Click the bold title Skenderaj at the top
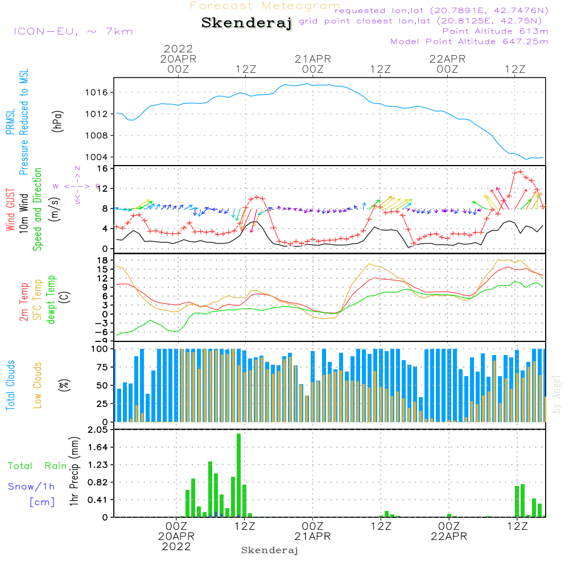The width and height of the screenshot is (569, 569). (246, 23)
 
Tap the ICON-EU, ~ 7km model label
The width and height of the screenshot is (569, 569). (73, 31)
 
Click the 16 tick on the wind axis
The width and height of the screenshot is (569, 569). (103, 168)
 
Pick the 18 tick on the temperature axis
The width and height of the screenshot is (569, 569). (103, 260)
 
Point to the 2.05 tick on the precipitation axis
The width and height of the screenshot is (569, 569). (97, 430)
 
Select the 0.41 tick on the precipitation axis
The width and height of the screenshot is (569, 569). (97, 500)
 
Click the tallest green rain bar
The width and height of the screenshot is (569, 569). (239, 475)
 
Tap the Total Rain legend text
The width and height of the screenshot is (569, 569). (37, 466)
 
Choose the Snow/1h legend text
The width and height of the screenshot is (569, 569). (32, 486)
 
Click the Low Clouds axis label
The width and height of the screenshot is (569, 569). (38, 385)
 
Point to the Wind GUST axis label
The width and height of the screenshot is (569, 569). (11, 211)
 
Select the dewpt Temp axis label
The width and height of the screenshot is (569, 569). (51, 300)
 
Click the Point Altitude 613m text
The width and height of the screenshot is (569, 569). (495, 31)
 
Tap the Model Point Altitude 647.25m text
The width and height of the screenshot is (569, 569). (469, 42)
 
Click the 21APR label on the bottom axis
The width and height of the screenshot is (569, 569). (312, 536)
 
